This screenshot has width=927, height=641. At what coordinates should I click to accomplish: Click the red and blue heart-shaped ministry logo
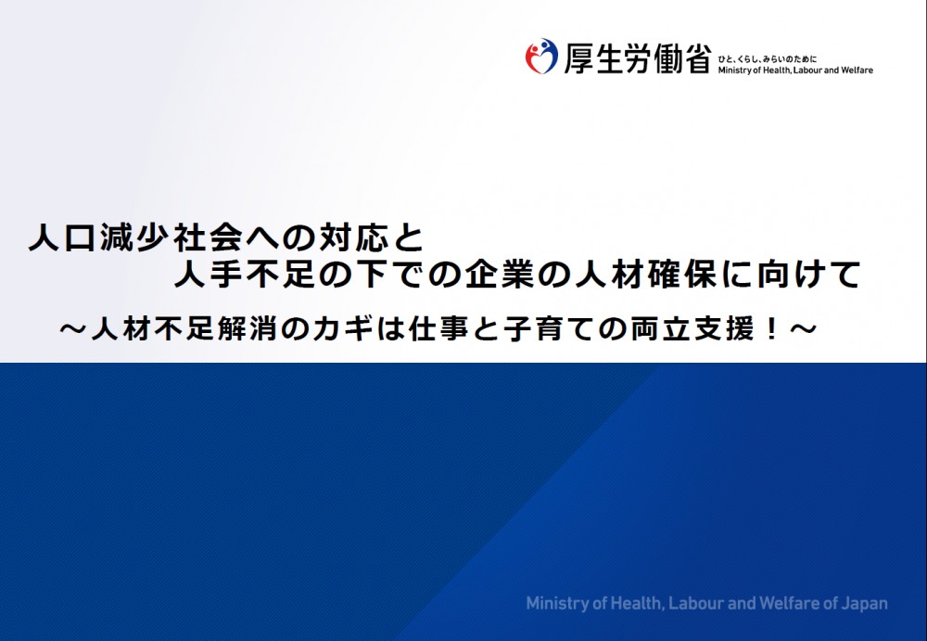pyautogui.click(x=541, y=57)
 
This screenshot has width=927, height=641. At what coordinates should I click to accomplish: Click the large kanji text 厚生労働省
pyautogui.click(x=637, y=58)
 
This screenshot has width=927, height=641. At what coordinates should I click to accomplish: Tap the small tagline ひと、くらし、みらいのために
pyautogui.click(x=768, y=59)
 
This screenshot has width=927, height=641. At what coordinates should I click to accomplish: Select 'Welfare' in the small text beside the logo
pyautogui.click(x=857, y=70)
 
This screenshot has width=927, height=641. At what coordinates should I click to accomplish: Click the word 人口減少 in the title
pyautogui.click(x=100, y=238)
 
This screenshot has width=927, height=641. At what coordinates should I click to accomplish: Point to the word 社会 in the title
pyautogui.click(x=209, y=238)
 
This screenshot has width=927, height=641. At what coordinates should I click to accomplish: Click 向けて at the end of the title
pyautogui.click(x=806, y=274)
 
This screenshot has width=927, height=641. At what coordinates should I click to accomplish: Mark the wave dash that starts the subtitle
pyautogui.click(x=73, y=329)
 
